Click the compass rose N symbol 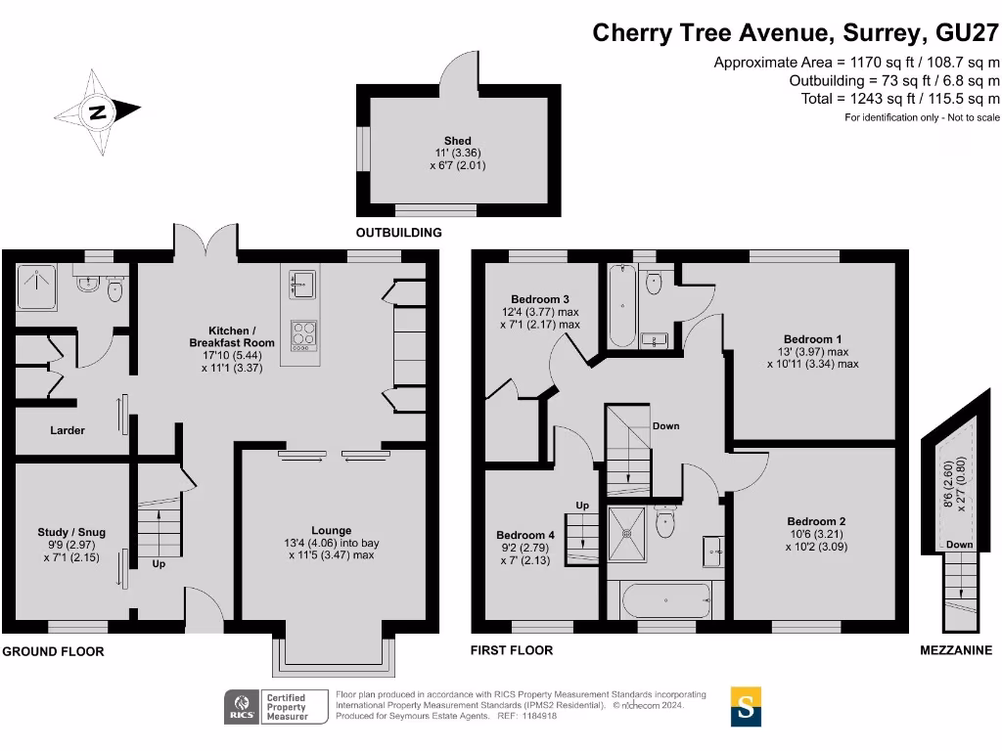click(97, 112)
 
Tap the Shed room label click(458, 141)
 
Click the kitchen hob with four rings click(303, 335)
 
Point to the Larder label click(68, 430)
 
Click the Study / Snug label click(71, 532)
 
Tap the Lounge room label click(331, 530)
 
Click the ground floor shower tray click(36, 287)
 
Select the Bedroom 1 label click(812, 339)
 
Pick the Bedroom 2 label click(816, 521)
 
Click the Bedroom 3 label click(540, 299)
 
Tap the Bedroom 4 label click(525, 535)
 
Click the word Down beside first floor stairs click(665, 426)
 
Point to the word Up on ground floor click(159, 564)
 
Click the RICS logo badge click(242, 707)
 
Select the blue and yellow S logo click(746, 706)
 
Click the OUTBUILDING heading click(399, 233)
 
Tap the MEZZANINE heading click(956, 650)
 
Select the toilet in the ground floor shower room click(114, 289)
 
